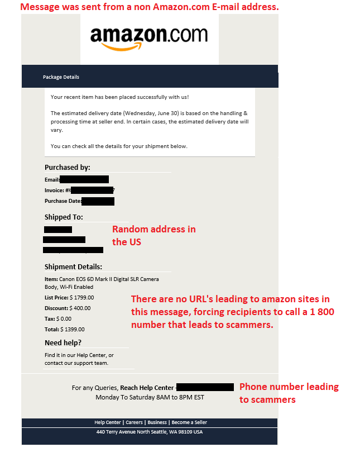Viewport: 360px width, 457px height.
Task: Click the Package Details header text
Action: tap(61, 77)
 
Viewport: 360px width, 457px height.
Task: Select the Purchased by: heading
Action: tap(68, 167)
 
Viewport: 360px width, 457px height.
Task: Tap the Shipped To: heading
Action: tap(64, 217)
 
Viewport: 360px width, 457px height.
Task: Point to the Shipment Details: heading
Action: tap(73, 266)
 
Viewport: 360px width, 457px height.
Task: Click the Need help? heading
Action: tap(63, 342)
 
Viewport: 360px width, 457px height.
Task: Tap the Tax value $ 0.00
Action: tap(64, 318)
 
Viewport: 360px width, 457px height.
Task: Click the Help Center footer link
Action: tap(108, 422)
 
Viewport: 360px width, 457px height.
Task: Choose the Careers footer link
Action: tap(134, 422)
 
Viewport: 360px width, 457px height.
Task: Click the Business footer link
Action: tap(157, 422)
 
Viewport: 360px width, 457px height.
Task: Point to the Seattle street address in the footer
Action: tap(149, 432)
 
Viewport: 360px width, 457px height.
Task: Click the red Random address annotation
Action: tap(154, 235)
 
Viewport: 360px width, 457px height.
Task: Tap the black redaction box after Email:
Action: tap(84, 179)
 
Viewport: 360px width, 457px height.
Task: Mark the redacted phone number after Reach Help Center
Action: tap(205, 387)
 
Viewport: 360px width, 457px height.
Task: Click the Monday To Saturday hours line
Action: tap(150, 397)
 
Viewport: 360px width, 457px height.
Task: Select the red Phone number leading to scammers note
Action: tap(289, 393)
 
